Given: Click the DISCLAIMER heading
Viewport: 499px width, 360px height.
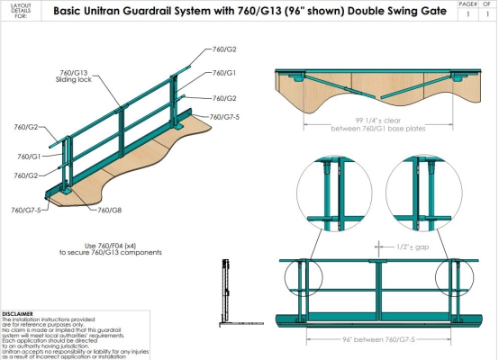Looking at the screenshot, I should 18,313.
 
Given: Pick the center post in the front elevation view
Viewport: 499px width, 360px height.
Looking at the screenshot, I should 377,288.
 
